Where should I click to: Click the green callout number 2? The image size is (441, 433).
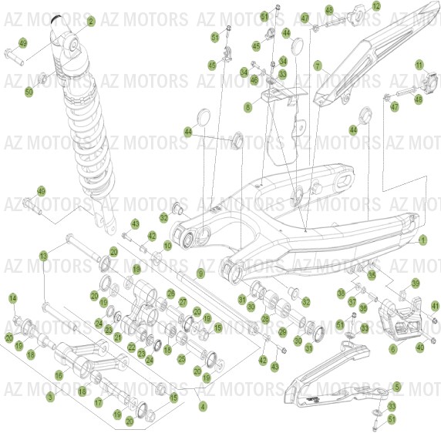click(91, 22)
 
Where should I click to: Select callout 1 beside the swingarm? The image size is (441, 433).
click(422, 240)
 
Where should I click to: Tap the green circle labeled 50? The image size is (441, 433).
click(29, 92)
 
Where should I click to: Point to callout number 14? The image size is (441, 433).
click(12, 297)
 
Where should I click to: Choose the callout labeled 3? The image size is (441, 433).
click(50, 397)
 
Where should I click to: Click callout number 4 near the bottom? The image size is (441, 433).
click(203, 405)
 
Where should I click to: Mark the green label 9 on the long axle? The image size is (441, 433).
click(200, 274)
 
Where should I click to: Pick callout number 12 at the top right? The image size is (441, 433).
click(376, 6)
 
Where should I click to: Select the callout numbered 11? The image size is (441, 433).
click(419, 64)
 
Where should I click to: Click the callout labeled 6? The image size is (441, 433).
click(393, 349)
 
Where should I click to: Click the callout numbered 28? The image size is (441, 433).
click(264, 318)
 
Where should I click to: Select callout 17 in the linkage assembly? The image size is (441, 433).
click(99, 402)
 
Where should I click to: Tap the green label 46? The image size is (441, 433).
click(254, 79)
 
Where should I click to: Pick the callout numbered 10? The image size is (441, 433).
click(167, 246)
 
